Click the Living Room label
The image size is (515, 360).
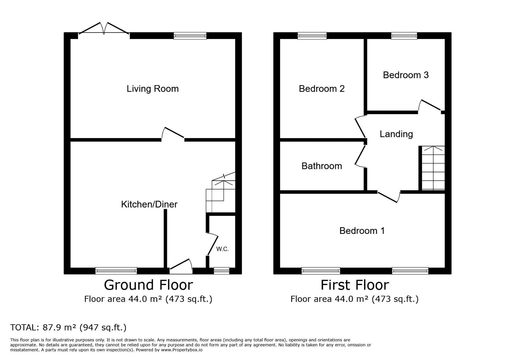click(153, 89)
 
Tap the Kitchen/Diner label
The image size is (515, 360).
click(149, 204)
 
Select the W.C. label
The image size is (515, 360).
click(222, 249)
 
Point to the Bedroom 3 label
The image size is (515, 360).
click(406, 75)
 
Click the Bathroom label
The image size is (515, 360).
click(322, 166)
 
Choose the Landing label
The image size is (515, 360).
click(396, 134)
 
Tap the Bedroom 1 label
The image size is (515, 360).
click(362, 231)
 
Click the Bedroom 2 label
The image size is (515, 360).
click(322, 89)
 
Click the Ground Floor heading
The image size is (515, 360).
click(148, 285)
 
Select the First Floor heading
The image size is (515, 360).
click(355, 285)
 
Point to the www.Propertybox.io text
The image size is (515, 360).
click(182, 350)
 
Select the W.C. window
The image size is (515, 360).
click(221, 271)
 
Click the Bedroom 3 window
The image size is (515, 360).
click(404, 36)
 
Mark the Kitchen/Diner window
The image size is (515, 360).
click(116, 271)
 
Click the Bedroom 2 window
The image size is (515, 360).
click(312, 36)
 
